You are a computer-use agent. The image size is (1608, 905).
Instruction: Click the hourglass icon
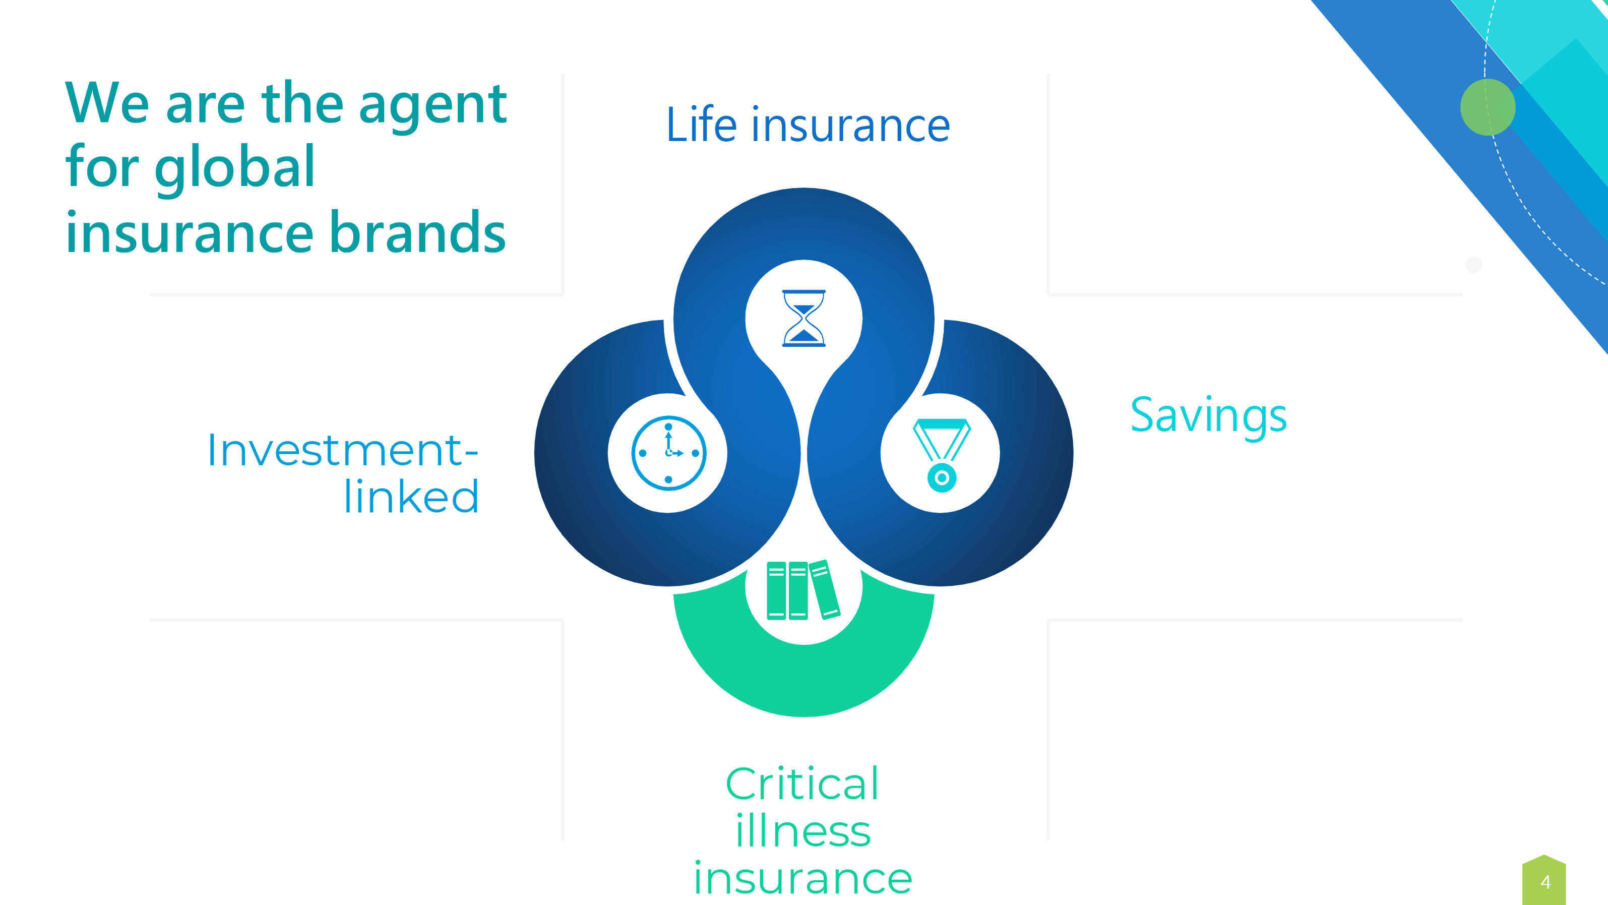[804, 318]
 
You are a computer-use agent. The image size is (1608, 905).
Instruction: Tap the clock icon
[668, 453]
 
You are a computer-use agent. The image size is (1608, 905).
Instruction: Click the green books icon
[803, 590]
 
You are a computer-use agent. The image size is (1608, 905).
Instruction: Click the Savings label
[1208, 416]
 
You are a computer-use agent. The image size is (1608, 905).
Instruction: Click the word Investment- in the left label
[343, 450]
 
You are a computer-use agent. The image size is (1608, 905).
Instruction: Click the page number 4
[1545, 882]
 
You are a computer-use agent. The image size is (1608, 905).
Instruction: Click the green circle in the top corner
[1488, 107]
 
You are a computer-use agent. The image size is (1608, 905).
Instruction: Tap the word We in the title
[107, 102]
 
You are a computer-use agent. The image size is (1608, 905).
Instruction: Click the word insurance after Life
[850, 125]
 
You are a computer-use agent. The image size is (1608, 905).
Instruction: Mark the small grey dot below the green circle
[1474, 265]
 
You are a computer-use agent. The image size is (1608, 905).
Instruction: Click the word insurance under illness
[803, 878]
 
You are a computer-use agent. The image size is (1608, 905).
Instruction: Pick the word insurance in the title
[190, 232]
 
